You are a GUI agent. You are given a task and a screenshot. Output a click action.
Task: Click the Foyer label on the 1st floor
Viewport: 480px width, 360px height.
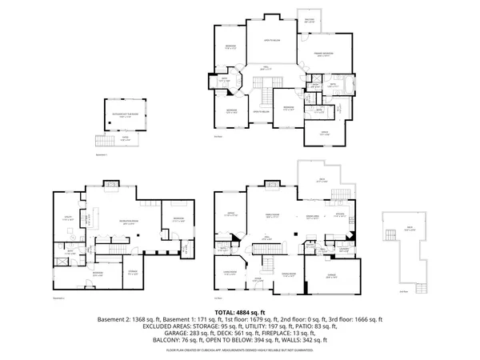click(258, 279)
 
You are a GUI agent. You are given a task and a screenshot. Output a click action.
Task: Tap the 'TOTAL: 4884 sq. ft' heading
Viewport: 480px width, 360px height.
click(240, 312)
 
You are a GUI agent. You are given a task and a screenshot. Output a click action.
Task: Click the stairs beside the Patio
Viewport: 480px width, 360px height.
click(99, 142)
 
